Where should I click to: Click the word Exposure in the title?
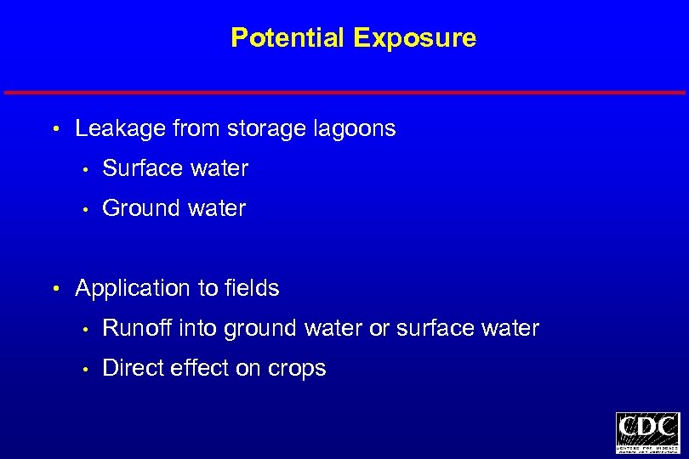point(414,38)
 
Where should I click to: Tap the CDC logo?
point(647,433)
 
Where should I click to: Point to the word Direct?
point(132,368)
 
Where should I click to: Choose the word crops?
point(298,369)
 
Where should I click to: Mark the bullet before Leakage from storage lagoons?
point(55,130)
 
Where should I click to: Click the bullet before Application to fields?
point(55,289)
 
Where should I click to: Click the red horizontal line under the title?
point(344,92)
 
